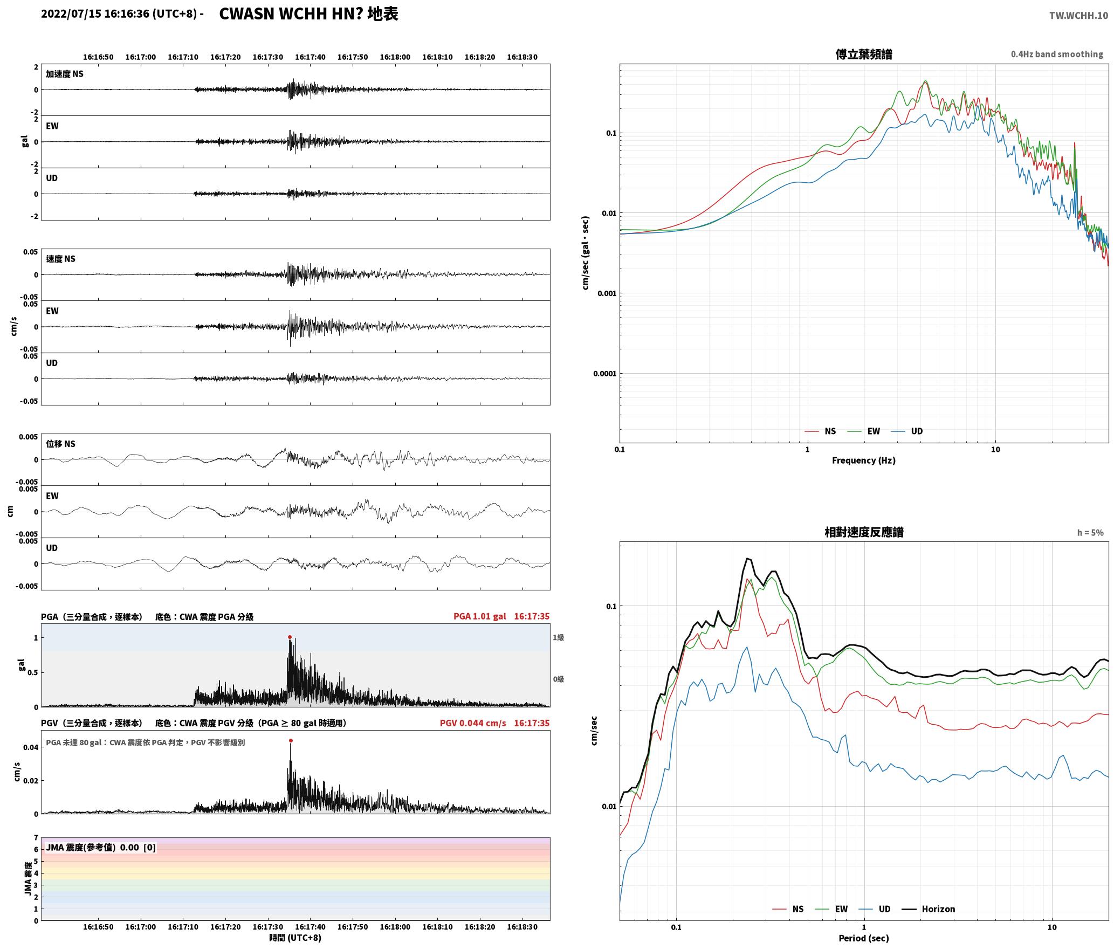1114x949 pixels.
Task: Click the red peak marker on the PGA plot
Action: coord(290,637)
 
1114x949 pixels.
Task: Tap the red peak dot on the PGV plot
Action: coord(291,740)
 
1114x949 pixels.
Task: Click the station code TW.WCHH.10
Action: coord(1078,15)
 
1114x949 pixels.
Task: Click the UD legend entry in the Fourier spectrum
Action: coord(907,431)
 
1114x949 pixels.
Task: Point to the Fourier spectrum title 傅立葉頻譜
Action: coord(864,54)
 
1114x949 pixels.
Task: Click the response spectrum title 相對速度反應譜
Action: coord(864,532)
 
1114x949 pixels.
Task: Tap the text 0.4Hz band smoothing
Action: coord(1057,54)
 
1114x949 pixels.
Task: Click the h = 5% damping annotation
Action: coord(1090,533)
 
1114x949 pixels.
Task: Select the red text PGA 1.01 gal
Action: coord(480,616)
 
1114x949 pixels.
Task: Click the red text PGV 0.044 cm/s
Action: coord(473,723)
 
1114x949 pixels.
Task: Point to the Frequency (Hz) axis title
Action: coord(864,460)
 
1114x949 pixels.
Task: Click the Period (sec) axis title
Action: coord(864,938)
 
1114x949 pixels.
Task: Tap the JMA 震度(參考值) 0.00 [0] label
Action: coord(101,847)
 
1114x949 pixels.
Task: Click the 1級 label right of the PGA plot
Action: coord(558,637)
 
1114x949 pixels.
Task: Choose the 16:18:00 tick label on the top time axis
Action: coord(395,57)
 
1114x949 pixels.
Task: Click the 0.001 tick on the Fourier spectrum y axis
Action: coord(607,293)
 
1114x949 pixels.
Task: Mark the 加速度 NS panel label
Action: coord(65,74)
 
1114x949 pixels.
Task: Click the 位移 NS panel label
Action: coord(60,444)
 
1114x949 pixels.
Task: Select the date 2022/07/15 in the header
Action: coord(71,14)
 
